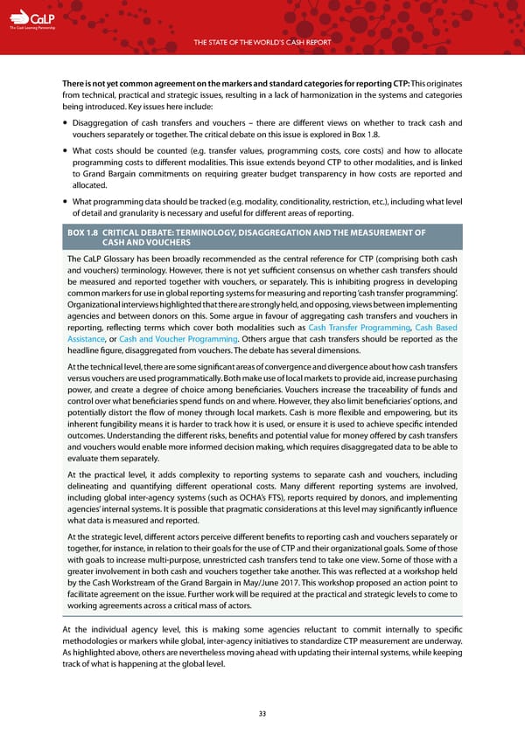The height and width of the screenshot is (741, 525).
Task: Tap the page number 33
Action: coord(262,713)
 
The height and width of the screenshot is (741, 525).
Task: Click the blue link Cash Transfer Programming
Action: coord(358,326)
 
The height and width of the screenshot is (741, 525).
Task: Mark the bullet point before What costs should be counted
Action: coord(67,149)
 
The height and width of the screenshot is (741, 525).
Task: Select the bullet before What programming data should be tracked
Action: coord(67,201)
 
